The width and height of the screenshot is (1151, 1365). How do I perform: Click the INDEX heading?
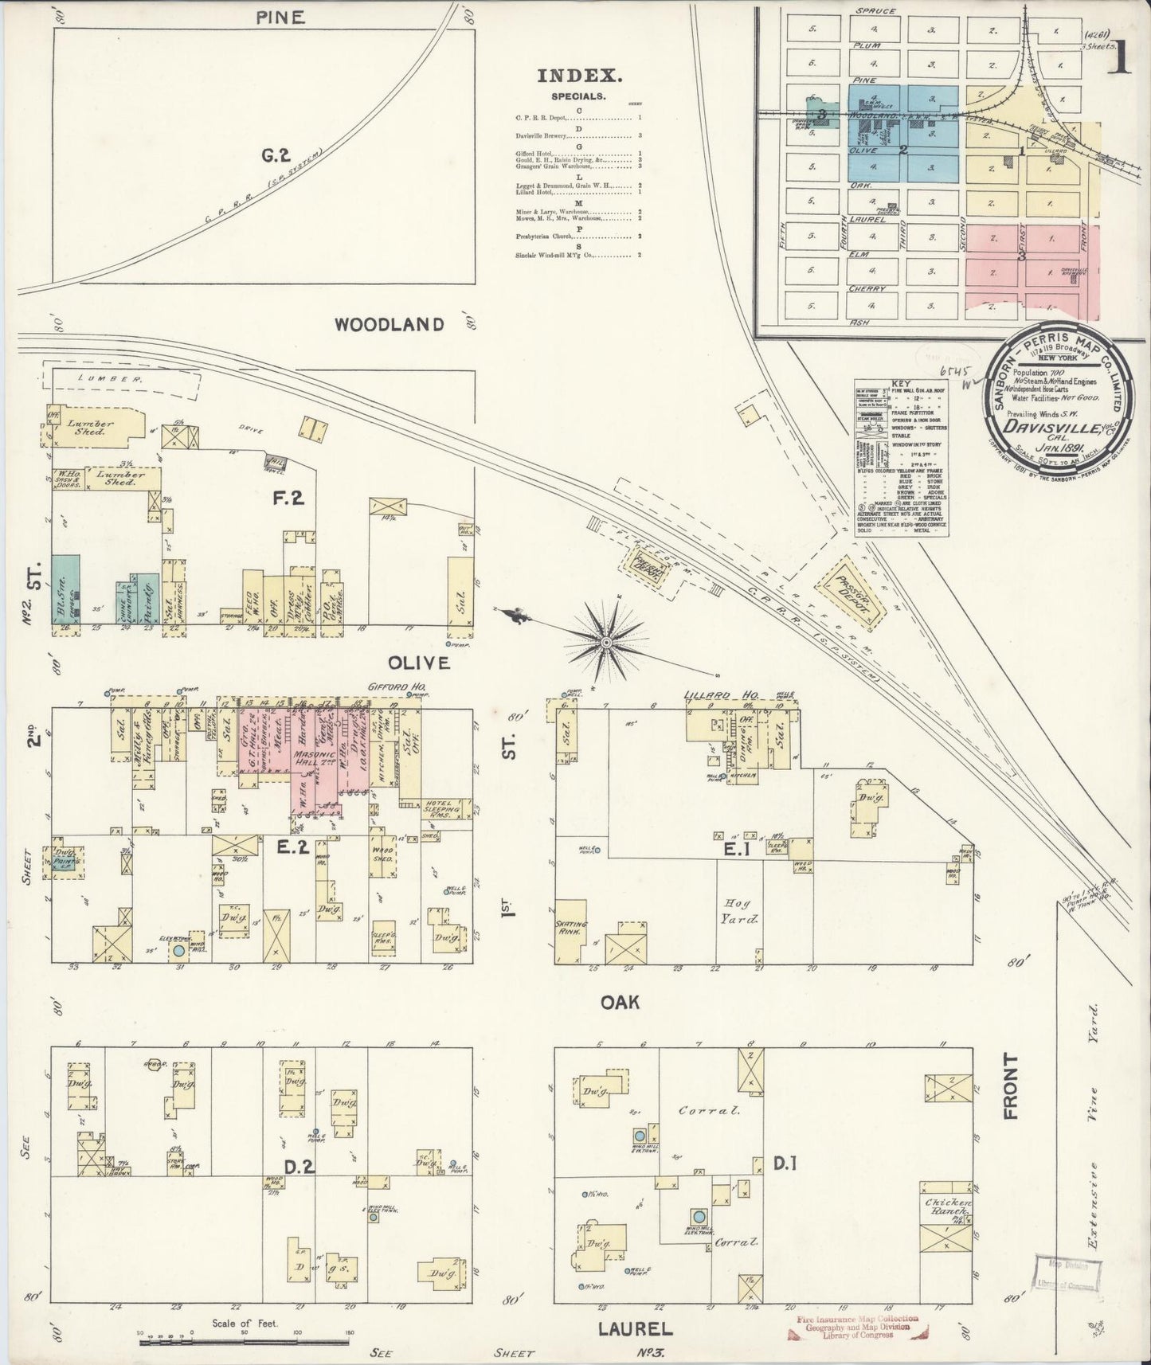pos(579,76)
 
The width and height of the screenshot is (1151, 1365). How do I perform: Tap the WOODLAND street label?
pos(389,324)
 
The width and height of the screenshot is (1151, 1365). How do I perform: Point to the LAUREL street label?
pos(635,1328)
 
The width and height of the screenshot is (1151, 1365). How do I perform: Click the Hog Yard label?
pos(739,909)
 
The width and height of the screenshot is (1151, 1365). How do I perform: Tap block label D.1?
pos(785,1164)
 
